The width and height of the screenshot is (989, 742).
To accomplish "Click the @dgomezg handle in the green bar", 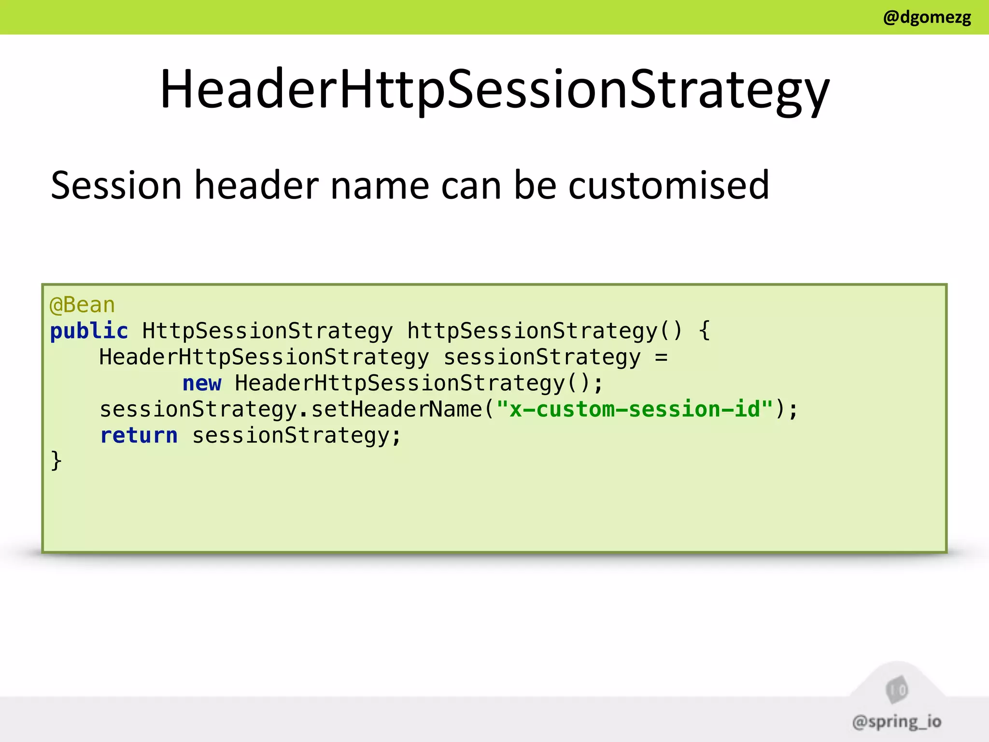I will pyautogui.click(x=927, y=17).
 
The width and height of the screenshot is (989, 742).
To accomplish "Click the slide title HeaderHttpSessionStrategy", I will pyautogui.click(x=494, y=90).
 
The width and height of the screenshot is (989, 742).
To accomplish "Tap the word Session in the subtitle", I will pyautogui.click(x=116, y=185).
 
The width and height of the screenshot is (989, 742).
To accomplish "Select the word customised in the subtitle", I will pyautogui.click(x=668, y=185).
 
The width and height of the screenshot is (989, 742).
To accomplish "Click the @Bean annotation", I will pyautogui.click(x=82, y=305).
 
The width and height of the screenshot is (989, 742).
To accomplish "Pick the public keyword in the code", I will pyautogui.click(x=89, y=331).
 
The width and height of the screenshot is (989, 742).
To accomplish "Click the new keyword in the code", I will pyautogui.click(x=202, y=383).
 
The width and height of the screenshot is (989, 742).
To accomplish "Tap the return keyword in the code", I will pyautogui.click(x=139, y=435).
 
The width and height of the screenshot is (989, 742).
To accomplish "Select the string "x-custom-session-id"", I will pyautogui.click(x=635, y=409).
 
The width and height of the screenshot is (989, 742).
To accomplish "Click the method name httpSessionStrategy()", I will pyautogui.click(x=544, y=331).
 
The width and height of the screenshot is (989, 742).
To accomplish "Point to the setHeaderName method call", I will pyautogui.click(x=396, y=409).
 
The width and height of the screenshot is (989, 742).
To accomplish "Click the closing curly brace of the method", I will pyautogui.click(x=56, y=460).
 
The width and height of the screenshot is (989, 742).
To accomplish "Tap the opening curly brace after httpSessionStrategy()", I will pyautogui.click(x=705, y=331).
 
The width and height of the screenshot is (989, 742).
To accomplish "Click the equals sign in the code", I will pyautogui.click(x=661, y=357).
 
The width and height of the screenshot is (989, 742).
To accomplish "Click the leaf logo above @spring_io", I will pyautogui.click(x=897, y=690).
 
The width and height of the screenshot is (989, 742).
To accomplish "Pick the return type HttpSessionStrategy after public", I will pyautogui.click(x=268, y=331).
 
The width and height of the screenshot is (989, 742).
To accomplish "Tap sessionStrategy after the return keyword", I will pyautogui.click(x=296, y=435).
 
